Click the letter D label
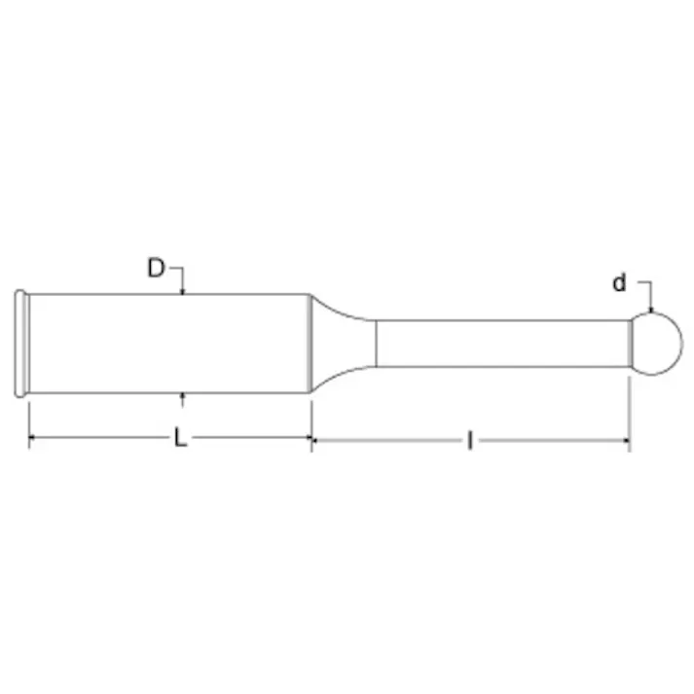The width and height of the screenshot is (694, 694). [156, 268]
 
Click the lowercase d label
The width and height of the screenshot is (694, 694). [619, 283]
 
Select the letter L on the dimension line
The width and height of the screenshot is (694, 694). [180, 439]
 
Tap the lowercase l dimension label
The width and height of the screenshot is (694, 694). [469, 441]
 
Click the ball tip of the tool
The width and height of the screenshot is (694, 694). [657, 344]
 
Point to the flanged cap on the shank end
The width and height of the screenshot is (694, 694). [20, 344]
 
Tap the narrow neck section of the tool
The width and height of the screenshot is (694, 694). [501, 344]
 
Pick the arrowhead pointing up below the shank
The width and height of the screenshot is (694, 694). [183, 398]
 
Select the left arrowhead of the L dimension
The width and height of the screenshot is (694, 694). [34, 440]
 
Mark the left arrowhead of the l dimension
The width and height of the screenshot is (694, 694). [316, 440]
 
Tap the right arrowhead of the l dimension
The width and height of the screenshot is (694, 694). [624, 440]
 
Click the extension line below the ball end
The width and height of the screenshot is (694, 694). [629, 409]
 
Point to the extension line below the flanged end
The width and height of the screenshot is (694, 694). [29, 419]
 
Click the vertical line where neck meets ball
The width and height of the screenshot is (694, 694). [629, 344]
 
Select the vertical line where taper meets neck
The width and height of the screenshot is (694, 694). [377, 344]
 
